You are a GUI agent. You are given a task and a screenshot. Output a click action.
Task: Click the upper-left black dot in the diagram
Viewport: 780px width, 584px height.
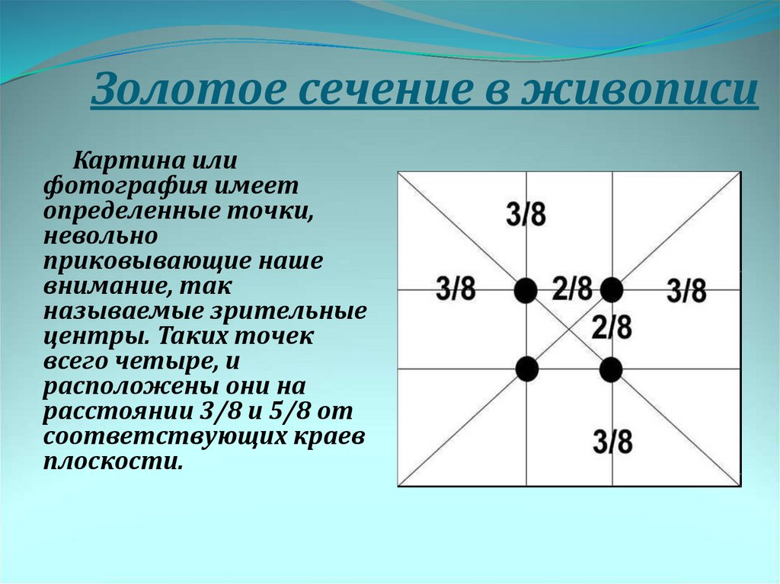click(526, 290)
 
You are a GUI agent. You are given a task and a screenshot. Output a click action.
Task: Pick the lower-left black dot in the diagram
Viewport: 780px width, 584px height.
click(527, 369)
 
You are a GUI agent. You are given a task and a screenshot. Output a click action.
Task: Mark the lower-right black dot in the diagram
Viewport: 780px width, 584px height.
click(611, 369)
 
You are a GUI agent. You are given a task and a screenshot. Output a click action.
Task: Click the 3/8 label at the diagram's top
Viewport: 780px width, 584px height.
click(526, 215)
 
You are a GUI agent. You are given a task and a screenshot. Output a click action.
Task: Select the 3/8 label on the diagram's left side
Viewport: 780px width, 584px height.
click(456, 289)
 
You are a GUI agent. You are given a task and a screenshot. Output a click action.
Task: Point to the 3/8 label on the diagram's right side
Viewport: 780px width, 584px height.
click(686, 291)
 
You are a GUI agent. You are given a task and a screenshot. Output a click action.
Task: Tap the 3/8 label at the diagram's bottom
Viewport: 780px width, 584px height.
click(612, 441)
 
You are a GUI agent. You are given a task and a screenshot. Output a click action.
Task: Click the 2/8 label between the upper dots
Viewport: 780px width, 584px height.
click(573, 289)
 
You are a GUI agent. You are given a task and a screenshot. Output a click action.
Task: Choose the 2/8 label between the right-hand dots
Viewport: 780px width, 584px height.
click(612, 327)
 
